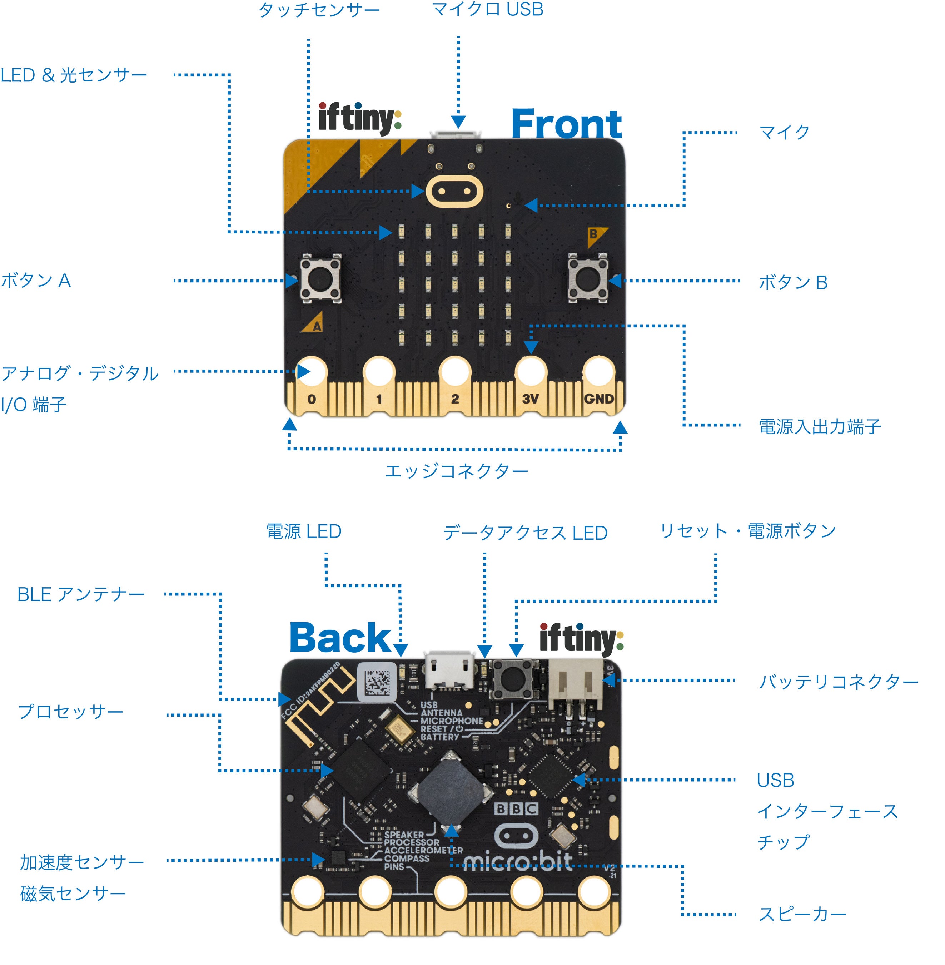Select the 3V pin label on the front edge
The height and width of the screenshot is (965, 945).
point(530,399)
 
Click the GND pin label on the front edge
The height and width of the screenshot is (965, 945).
point(598,399)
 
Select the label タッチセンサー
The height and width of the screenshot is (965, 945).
point(319,10)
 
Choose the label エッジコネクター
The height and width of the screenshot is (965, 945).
point(456,471)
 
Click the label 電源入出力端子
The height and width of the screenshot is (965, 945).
point(820,426)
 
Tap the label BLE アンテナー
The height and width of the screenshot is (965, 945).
point(81,594)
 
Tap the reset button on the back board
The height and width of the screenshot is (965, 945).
point(511,677)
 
